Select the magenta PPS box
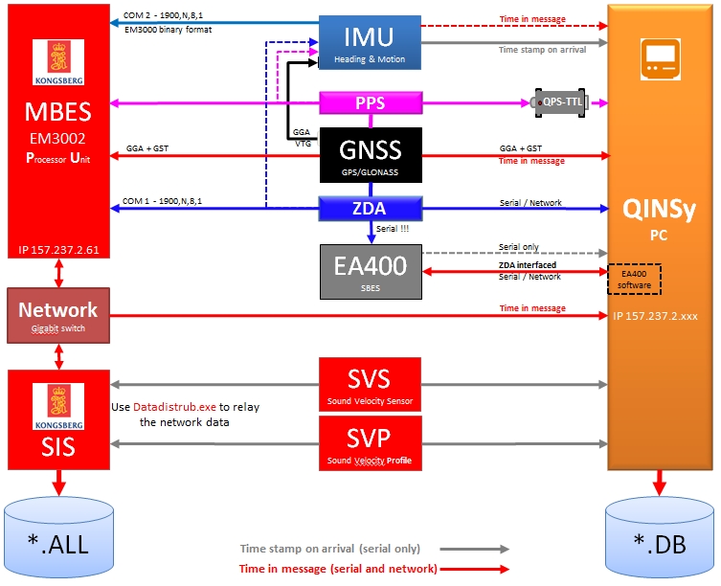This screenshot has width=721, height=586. pyautogui.click(x=370, y=102)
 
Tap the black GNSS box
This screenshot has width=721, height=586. pyautogui.click(x=370, y=155)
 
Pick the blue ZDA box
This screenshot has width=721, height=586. pyautogui.click(x=370, y=208)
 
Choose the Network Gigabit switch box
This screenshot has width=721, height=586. pyautogui.click(x=58, y=315)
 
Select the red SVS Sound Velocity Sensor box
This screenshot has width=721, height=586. pyautogui.click(x=370, y=382)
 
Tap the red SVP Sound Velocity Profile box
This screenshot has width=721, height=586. pyautogui.click(x=370, y=443)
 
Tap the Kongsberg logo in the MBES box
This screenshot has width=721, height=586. pyautogui.click(x=57, y=62)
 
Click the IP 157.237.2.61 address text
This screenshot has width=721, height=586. pyautogui.click(x=58, y=250)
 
